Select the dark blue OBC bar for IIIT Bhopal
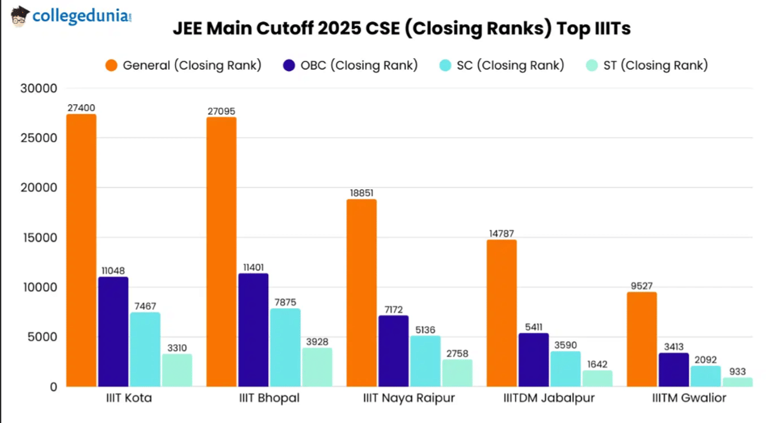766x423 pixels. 253,330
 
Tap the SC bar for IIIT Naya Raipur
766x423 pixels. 425,361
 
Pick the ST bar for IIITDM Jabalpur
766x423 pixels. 597,378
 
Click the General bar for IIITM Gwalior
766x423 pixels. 642,339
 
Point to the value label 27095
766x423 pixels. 222,111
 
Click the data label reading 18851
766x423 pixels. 361,194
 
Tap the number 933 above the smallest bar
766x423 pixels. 737,371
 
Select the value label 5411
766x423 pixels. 533,327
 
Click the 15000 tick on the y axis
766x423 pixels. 40,238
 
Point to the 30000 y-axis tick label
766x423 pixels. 40,88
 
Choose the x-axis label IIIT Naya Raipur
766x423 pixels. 409,398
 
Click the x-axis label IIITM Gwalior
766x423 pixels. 689,398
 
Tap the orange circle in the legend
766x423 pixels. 112,65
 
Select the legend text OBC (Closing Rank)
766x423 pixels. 359,65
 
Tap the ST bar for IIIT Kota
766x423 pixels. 177,370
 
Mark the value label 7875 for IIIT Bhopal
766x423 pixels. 285,302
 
